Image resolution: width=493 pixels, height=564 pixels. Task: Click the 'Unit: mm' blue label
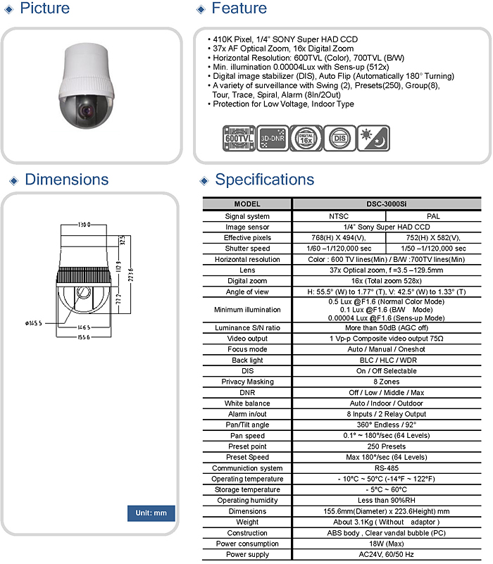pos(151,513)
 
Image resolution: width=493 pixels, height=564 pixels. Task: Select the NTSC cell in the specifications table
pos(339,216)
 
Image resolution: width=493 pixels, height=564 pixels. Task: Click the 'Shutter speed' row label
pos(247,249)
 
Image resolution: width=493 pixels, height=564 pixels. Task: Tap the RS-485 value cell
pos(387,468)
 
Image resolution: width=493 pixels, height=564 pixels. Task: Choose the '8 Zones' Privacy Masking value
pos(387,382)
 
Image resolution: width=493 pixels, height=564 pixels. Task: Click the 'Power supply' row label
pos(247,554)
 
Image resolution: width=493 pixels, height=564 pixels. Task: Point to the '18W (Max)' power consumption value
pos(387,544)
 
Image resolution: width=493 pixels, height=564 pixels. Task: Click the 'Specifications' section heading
pos(264,180)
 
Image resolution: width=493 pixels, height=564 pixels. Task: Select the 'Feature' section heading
pos(239,8)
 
